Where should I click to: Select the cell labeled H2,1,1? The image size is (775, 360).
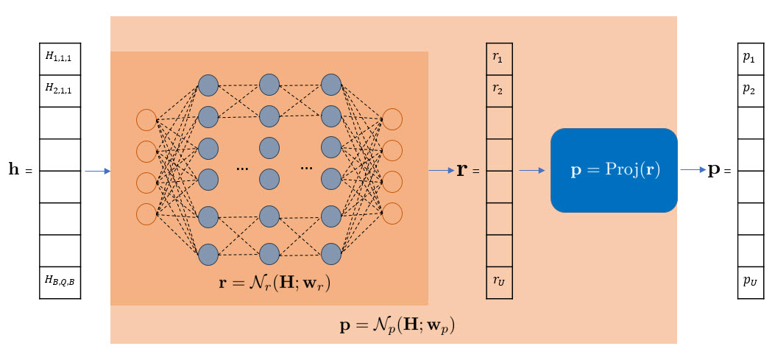pos(60,91)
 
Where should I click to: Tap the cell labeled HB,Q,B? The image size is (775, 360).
pos(60,283)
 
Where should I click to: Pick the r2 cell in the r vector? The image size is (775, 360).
pos(499,91)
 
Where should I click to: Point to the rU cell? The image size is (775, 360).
pos(499,283)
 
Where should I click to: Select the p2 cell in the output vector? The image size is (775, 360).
pos(750,91)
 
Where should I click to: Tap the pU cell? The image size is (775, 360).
pos(750,283)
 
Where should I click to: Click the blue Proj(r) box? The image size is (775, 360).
pos(614,170)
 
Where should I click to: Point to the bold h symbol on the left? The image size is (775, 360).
pos(14,170)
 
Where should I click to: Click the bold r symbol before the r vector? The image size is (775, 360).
pos(462,170)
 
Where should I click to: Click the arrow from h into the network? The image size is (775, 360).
pos(97,172)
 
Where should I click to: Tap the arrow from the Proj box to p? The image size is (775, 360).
pos(693,170)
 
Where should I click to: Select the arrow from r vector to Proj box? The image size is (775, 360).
pos(531,171)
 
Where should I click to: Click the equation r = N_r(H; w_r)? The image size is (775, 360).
pos(275,282)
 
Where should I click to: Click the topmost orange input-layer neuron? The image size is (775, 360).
pos(146,120)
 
